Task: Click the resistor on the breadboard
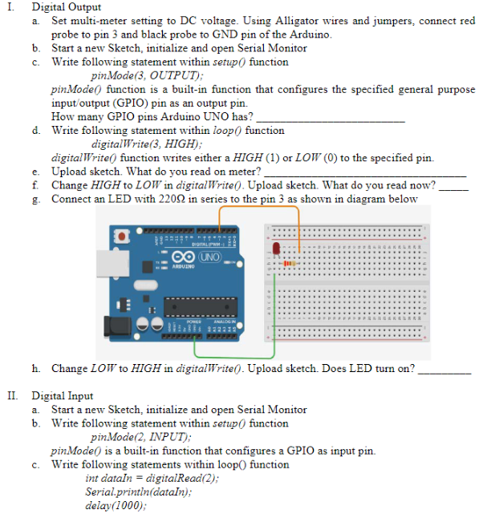tap(290, 261)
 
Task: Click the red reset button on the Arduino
tap(124, 238)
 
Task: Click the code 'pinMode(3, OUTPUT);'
tap(141, 75)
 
